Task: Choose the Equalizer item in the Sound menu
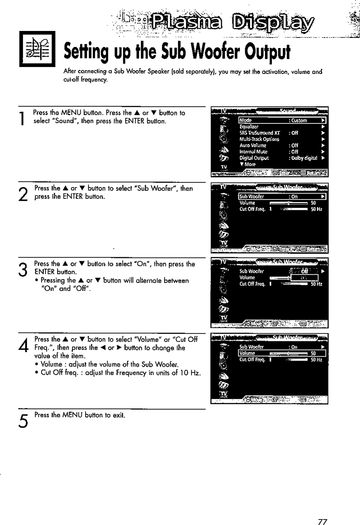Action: pos(249,127)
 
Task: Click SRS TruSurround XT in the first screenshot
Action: pos(259,133)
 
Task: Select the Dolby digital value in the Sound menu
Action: pos(304,158)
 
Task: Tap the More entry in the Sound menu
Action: pos(248,164)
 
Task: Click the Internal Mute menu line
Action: pos(253,152)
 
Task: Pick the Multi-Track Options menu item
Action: pos(259,139)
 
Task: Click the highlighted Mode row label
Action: pos(246,120)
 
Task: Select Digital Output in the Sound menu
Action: pos(253,158)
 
